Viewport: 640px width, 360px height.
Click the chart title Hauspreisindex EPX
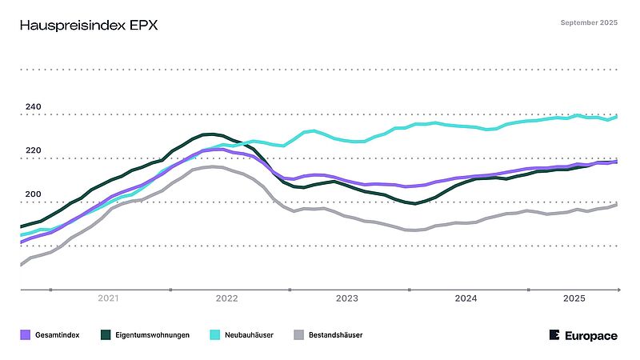pos(89,26)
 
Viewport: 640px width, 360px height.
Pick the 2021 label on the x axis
pos(108,298)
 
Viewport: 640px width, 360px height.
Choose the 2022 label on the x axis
pos(227,298)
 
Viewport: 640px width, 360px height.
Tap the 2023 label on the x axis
pos(346,298)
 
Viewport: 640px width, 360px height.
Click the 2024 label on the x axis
pos(466,298)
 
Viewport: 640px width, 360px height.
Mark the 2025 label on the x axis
pos(574,298)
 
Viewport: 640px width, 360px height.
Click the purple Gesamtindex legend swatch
pos(25,335)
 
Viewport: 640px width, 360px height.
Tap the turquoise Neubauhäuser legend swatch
pos(214,335)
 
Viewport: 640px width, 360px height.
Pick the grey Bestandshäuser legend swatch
pos(300,335)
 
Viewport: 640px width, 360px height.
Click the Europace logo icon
pos(555,335)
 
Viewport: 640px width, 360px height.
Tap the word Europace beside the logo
pos(591,336)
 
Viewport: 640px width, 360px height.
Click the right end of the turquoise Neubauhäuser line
pos(617,117)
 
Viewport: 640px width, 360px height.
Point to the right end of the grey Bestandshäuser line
pos(617,205)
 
